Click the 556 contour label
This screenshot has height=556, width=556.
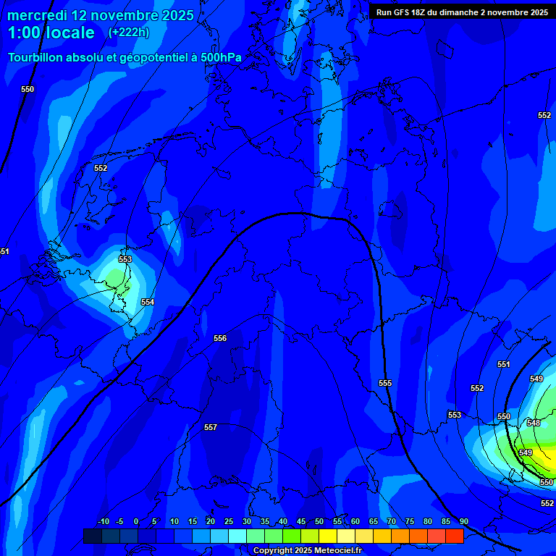[x=220, y=338]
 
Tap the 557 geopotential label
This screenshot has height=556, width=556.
[x=211, y=427]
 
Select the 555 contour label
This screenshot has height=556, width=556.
[x=385, y=383]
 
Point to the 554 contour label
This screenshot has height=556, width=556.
[x=148, y=302]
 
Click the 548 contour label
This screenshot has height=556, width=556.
[x=534, y=423]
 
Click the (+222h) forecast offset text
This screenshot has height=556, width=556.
[x=128, y=33]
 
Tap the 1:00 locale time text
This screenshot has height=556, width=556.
[x=51, y=33]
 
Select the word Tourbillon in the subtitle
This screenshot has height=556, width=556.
[x=38, y=57]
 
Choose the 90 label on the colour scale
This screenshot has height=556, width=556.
[x=463, y=522]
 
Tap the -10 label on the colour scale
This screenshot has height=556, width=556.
[x=103, y=522]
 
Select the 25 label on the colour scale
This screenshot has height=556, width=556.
[x=229, y=522]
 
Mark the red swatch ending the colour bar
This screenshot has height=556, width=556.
[x=454, y=536]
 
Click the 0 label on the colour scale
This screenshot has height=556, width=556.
[x=136, y=522]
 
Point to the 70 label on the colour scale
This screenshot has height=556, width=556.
[x=392, y=522]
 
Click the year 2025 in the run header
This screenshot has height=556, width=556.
[x=537, y=12]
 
